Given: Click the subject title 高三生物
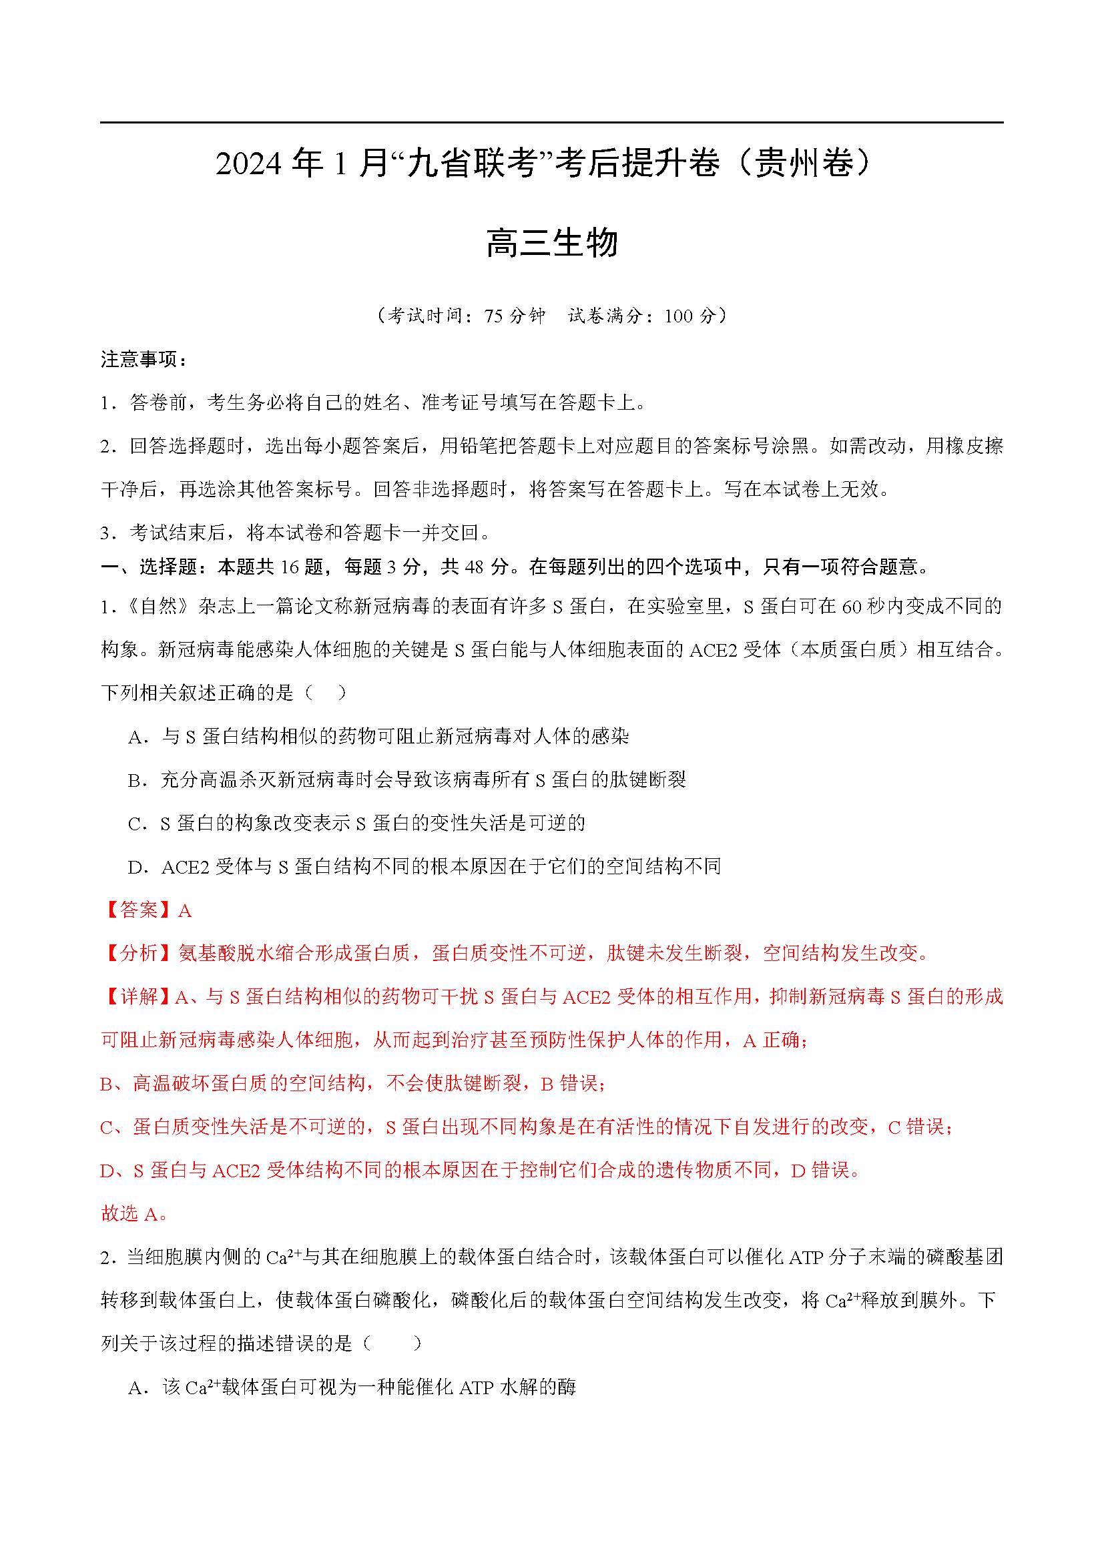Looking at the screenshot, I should [551, 244].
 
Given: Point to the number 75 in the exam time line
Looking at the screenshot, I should [494, 316].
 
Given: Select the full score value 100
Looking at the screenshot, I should [679, 316].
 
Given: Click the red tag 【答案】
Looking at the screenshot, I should [139, 910].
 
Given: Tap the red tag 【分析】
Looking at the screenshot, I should [139, 954].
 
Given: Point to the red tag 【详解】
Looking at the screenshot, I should [139, 997].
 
